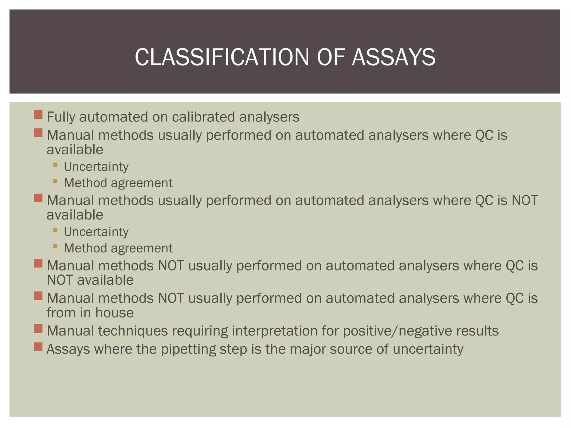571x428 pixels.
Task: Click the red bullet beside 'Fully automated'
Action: click(38, 115)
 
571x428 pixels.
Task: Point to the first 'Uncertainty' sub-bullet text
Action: click(96, 167)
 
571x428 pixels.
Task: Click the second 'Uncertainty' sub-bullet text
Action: click(96, 232)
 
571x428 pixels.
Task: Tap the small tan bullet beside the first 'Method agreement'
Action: click(55, 181)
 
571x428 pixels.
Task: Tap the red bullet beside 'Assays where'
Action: click(38, 347)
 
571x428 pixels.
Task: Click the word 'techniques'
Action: click(133, 331)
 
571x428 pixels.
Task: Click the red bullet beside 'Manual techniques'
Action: click(38, 329)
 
